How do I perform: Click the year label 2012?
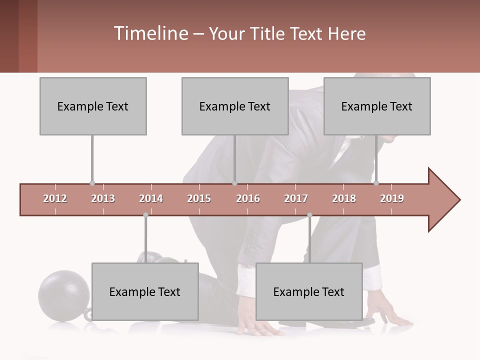click(x=55, y=198)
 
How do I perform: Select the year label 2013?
click(x=103, y=198)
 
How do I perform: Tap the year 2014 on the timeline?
click(x=151, y=198)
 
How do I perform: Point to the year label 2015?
click(x=199, y=198)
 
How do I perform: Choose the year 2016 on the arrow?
click(x=248, y=198)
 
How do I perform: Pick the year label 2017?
click(x=296, y=198)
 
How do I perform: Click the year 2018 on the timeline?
click(x=344, y=198)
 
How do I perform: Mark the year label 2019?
click(x=392, y=198)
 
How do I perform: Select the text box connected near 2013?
click(x=93, y=106)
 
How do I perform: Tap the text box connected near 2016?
click(x=235, y=106)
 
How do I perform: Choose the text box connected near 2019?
click(x=377, y=106)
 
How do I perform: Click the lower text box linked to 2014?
click(x=145, y=291)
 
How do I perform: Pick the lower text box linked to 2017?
click(x=309, y=291)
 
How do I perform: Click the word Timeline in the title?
click(x=150, y=33)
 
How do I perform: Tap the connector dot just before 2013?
click(x=92, y=183)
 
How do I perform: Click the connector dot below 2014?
click(x=145, y=215)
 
